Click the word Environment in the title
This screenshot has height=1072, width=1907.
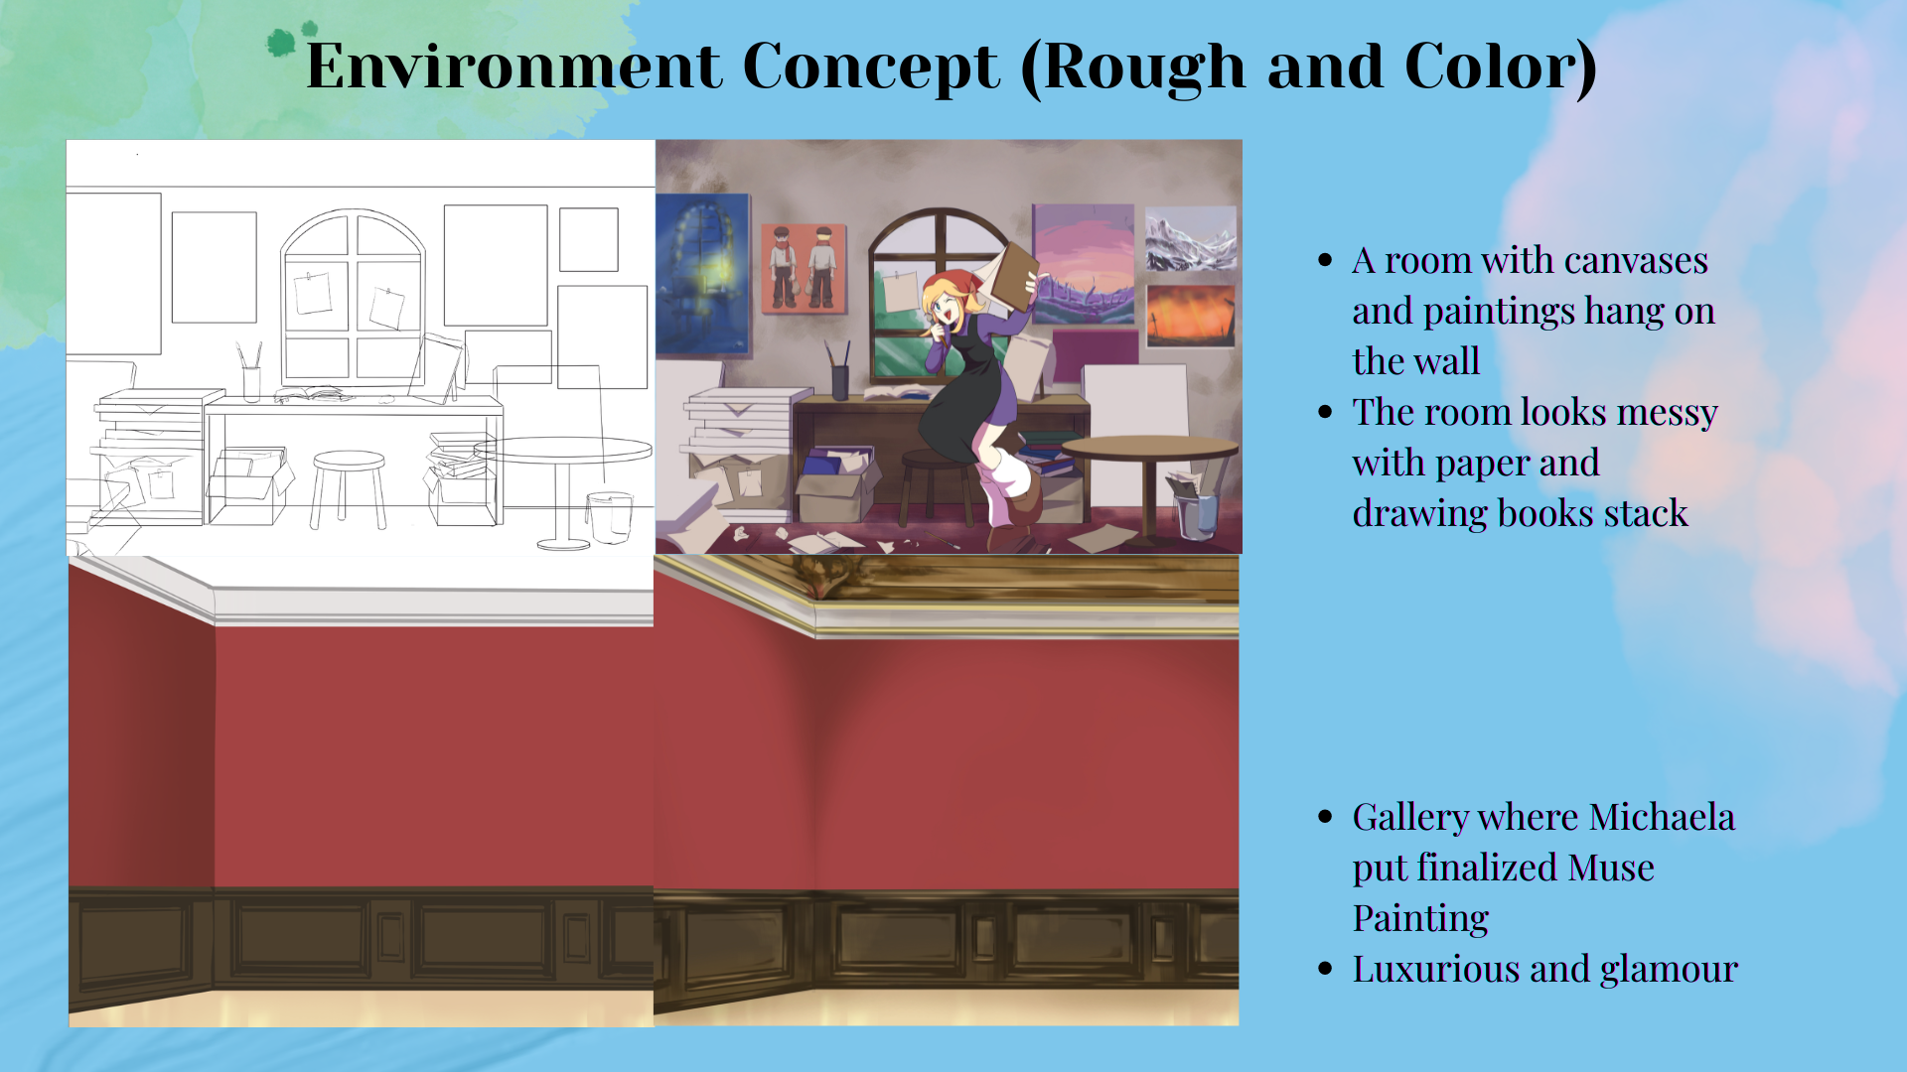(513, 67)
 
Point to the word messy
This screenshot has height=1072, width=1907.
(1667, 413)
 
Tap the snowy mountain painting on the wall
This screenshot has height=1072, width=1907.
(1191, 239)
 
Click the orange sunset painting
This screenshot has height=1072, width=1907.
(1191, 316)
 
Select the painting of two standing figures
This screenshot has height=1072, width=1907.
(804, 268)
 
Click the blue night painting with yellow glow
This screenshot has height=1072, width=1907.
(702, 274)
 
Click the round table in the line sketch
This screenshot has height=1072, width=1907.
(563, 451)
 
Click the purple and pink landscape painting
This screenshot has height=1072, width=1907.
(1084, 264)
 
